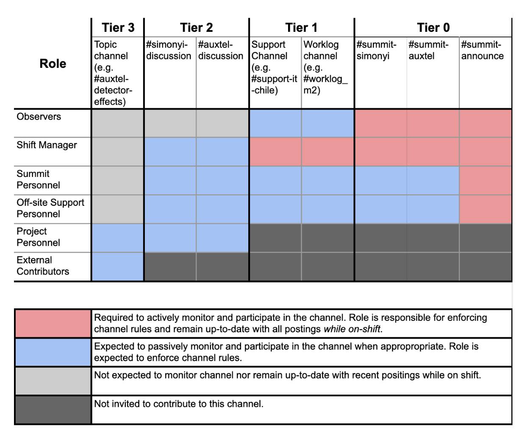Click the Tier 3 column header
(x=118, y=28)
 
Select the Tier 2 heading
(x=196, y=28)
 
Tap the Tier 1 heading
(x=301, y=28)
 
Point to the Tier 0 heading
(x=433, y=28)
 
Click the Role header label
(x=53, y=64)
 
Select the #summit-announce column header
(x=482, y=50)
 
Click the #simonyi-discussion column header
(x=169, y=50)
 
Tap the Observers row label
(x=39, y=117)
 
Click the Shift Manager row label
(x=47, y=145)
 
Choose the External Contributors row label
(x=43, y=266)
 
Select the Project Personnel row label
(x=38, y=237)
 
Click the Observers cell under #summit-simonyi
(x=380, y=123)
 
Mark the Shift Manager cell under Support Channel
(x=275, y=151)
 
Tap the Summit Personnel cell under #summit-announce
(x=485, y=180)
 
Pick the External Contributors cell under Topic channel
(x=117, y=266)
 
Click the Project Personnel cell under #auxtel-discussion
(x=222, y=238)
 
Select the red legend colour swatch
(x=53, y=323)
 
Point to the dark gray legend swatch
(x=53, y=409)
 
